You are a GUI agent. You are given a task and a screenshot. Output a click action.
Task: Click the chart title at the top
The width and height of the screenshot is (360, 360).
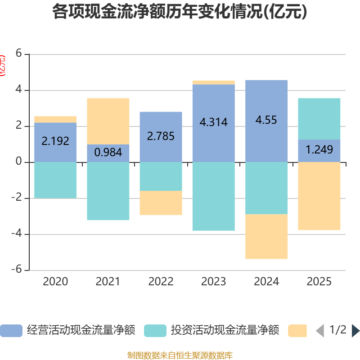180,12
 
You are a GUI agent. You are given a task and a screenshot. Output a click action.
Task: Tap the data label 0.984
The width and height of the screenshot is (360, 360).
108,153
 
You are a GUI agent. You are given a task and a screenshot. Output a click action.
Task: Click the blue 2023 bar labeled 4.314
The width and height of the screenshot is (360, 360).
214,135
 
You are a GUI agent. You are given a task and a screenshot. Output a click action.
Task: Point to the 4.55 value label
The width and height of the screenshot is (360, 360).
266,120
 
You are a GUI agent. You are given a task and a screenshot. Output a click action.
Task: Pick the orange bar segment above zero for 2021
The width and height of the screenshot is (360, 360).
108,121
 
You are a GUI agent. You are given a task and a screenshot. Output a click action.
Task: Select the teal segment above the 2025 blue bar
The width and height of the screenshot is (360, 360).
319,119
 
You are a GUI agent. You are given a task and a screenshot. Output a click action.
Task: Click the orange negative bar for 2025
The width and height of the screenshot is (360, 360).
319,196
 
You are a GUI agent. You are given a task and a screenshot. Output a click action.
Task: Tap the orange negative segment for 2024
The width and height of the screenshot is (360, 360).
266,237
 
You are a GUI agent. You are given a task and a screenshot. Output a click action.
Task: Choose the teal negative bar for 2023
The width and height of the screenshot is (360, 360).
214,196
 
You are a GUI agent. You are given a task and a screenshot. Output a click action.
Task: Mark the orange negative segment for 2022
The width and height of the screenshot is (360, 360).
161,203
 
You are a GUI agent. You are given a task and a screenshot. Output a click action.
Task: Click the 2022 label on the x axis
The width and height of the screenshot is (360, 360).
161,282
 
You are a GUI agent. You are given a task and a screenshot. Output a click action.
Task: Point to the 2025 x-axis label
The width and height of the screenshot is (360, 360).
319,282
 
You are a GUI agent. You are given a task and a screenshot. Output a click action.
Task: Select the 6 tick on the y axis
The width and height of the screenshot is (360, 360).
18,53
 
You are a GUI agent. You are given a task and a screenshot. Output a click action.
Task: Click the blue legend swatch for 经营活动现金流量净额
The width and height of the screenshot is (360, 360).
11,331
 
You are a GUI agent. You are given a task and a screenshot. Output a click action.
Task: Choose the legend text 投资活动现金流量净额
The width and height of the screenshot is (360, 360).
225,331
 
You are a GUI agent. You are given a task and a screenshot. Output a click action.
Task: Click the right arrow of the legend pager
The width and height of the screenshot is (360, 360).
355,331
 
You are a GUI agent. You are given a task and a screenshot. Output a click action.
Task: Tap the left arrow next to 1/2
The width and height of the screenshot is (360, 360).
320,331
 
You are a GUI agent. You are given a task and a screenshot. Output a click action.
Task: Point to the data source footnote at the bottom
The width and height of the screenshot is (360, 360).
180,355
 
